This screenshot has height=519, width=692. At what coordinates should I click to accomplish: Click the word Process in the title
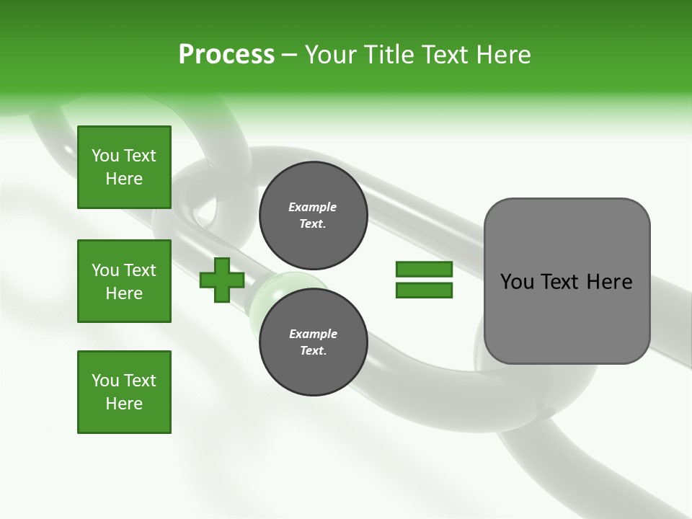(x=226, y=55)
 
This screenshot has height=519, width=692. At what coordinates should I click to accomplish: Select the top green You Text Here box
(x=124, y=167)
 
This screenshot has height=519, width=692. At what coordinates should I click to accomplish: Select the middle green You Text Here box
(x=124, y=281)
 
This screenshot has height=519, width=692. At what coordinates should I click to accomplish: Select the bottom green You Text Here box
(x=124, y=392)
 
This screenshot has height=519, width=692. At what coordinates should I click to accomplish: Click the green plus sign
(x=222, y=280)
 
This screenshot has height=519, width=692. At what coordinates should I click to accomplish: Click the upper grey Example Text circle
(x=313, y=215)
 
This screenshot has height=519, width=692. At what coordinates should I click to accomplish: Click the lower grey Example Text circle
(x=313, y=342)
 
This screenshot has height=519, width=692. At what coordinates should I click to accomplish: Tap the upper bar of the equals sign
(x=424, y=269)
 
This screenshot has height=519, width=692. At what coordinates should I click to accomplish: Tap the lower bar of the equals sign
(x=424, y=290)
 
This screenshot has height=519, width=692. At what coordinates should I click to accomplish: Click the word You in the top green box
(x=105, y=156)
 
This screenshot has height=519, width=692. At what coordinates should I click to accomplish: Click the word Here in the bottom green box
(x=124, y=404)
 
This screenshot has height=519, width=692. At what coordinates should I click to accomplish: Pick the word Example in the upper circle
(x=313, y=207)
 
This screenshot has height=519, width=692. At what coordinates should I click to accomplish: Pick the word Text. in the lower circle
(x=313, y=351)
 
